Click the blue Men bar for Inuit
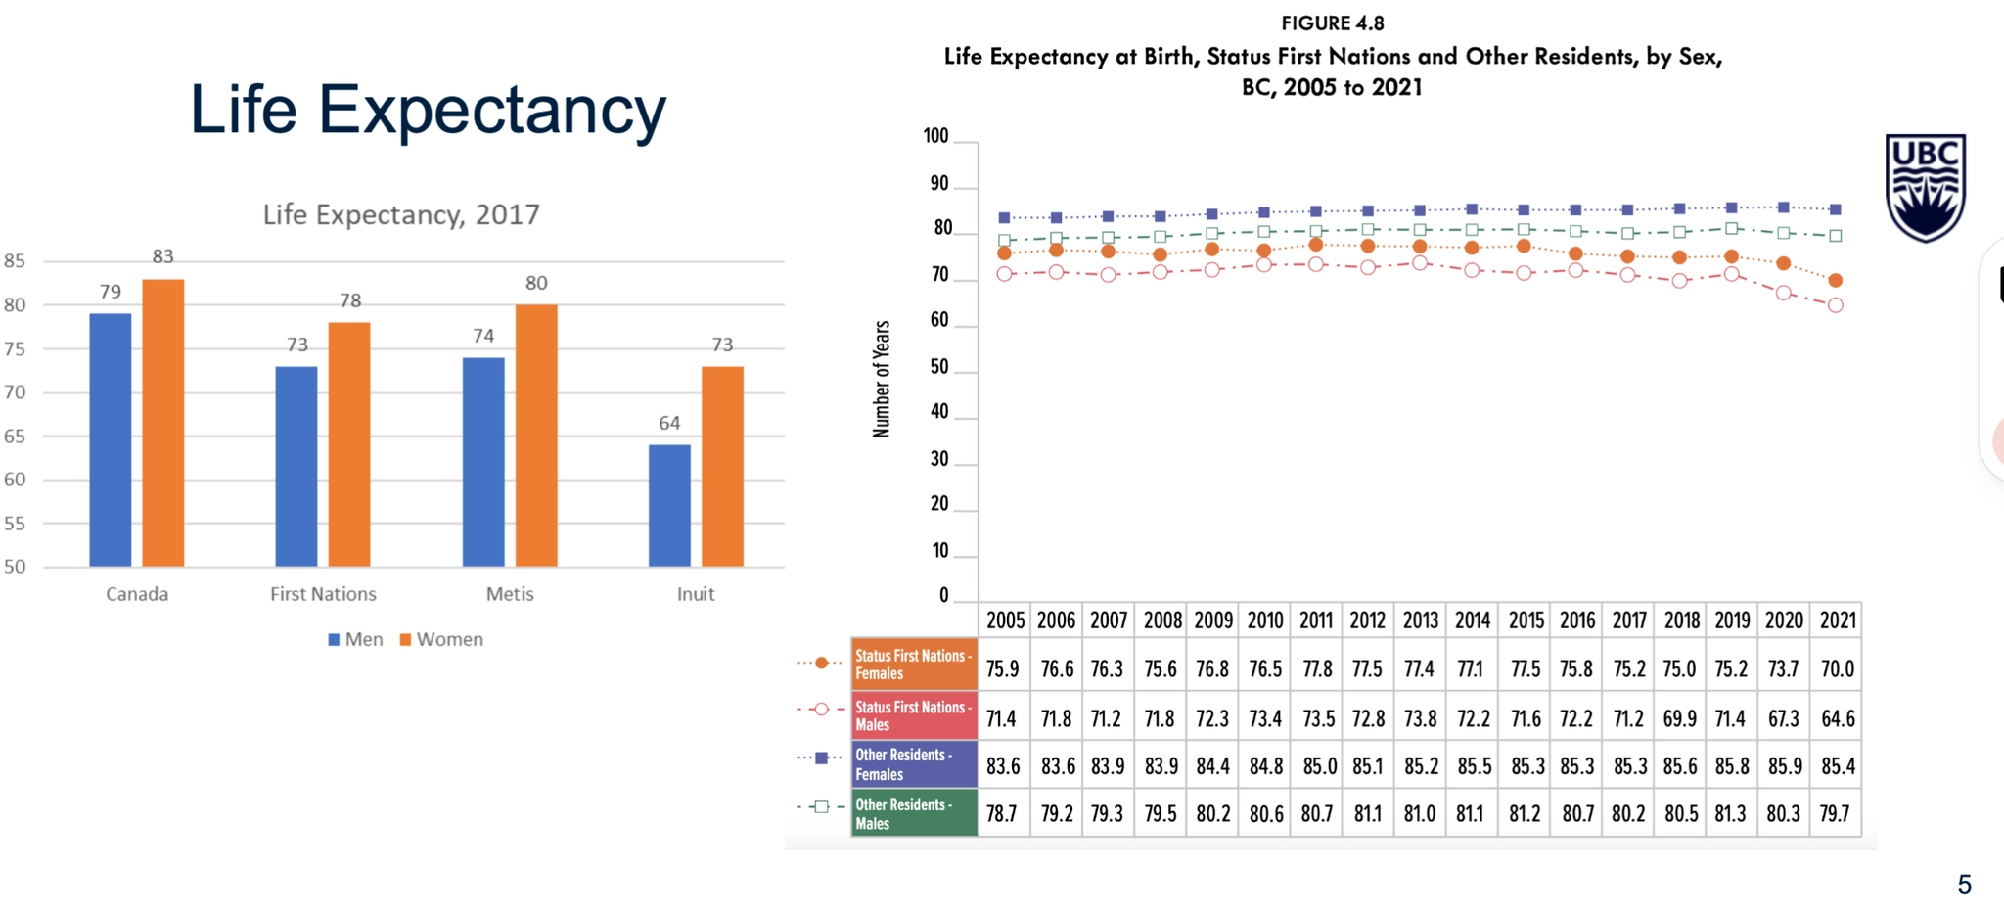[669, 505]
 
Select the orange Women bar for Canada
[162, 423]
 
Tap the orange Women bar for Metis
[536, 436]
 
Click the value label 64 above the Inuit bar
[669, 423]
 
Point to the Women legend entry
[441, 639]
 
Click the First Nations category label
[323, 594]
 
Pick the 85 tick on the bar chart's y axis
[15, 261]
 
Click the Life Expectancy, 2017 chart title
[401, 214]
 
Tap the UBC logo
[1925, 187]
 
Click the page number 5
[1964, 885]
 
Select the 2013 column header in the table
[1420, 620]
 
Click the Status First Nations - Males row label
[914, 715]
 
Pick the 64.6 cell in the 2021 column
[1837, 719]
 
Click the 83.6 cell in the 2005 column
[1003, 766]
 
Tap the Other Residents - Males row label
[914, 813]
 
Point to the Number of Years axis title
[882, 379]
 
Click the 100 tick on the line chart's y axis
[936, 136]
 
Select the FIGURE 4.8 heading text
[1332, 23]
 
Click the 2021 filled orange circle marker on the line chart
[1836, 281]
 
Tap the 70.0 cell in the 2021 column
[1837, 669]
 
